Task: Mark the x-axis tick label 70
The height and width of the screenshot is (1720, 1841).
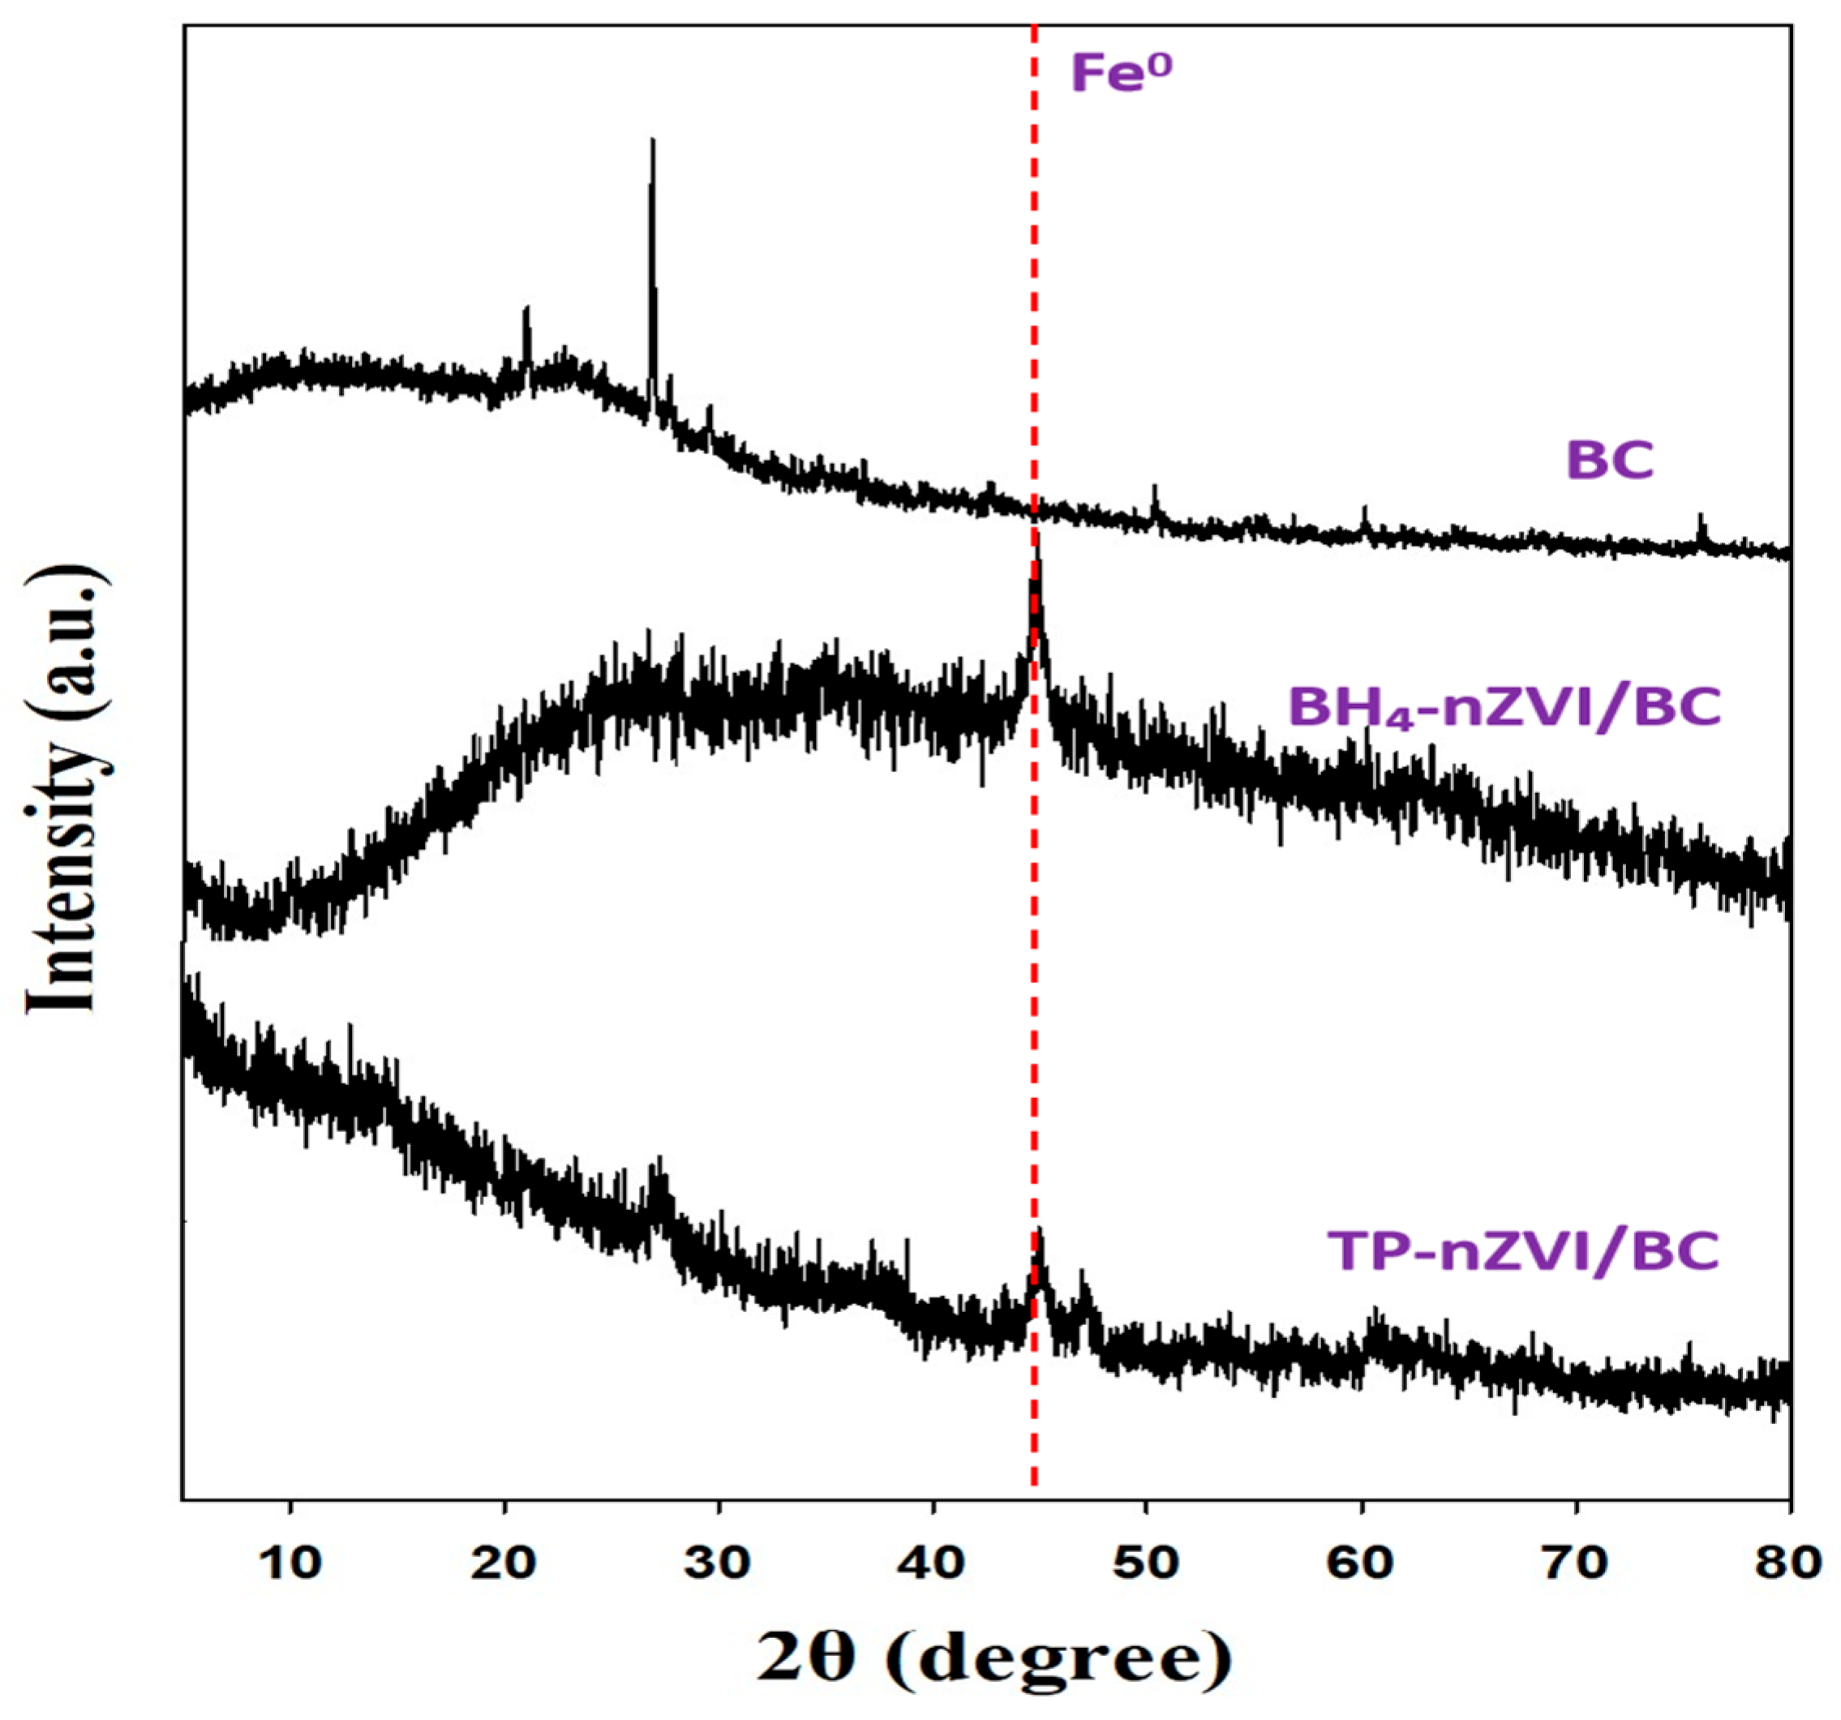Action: click(1575, 1563)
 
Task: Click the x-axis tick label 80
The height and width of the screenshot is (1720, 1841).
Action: click(1787, 1563)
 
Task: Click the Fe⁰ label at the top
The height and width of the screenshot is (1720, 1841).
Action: click(1121, 74)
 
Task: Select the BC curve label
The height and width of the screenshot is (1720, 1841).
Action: click(1610, 460)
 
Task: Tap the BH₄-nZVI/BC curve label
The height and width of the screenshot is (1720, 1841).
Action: click(1505, 708)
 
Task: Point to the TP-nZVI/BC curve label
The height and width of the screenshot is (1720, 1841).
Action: click(1523, 1251)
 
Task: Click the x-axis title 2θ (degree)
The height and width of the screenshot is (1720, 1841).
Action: click(995, 1659)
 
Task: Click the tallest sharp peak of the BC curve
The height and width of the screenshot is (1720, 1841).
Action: click(653, 144)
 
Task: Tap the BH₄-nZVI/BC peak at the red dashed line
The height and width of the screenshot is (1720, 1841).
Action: click(1037, 542)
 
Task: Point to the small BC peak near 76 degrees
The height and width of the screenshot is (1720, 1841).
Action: click(1700, 517)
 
